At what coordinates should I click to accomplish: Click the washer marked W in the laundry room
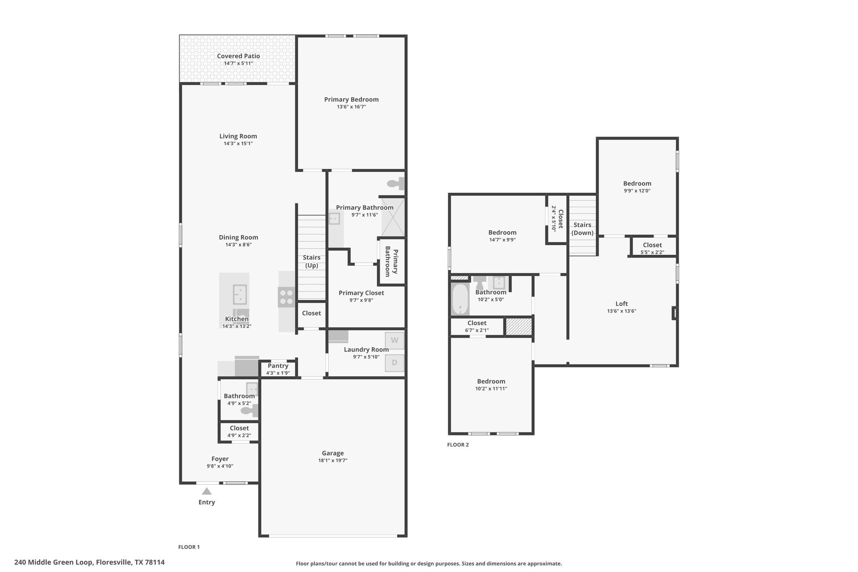coord(394,340)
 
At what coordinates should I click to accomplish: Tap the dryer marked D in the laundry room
coord(394,362)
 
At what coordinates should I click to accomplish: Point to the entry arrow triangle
coord(207,491)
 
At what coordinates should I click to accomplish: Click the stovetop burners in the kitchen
coord(287,297)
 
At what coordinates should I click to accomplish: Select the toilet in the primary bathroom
coord(395,183)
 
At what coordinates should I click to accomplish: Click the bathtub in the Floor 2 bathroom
coord(460,299)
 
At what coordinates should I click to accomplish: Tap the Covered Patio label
coord(238,56)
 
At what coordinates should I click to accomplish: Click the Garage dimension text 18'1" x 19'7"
coord(333,461)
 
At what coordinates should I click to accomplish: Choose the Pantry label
coord(278,366)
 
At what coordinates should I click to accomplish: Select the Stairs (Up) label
coord(312,261)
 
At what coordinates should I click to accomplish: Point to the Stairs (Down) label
coord(582,229)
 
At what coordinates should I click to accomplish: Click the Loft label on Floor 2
coord(622,304)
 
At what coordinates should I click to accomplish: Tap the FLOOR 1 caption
coord(189,547)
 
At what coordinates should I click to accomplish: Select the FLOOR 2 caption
coord(458,445)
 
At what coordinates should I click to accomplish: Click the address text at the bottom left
coord(89,562)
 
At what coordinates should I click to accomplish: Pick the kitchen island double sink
coord(240,295)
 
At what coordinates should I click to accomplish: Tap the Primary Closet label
coord(361,293)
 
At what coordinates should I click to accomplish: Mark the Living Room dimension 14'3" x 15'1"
coord(238,144)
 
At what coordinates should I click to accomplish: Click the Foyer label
coord(220,459)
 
